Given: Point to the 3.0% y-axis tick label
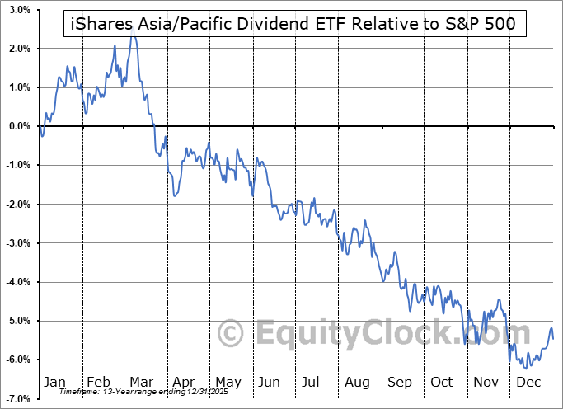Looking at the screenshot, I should tap(20, 10).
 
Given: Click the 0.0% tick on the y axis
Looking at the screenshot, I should tap(20, 126).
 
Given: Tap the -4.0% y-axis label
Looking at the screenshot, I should tap(19, 282).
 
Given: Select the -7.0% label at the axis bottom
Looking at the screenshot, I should tap(19, 398).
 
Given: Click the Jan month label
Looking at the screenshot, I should tap(54, 382).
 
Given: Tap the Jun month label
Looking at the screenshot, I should tap(269, 382).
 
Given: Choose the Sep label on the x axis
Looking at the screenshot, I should tap(399, 382).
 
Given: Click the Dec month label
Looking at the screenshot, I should tap(528, 382).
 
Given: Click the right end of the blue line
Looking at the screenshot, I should tap(552, 338).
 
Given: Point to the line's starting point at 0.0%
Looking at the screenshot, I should tap(39, 126).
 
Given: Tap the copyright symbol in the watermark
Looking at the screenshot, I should tap(232, 333).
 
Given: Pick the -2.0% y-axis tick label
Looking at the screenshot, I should tap(19, 204).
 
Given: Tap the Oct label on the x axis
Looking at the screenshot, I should tap(443, 382).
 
